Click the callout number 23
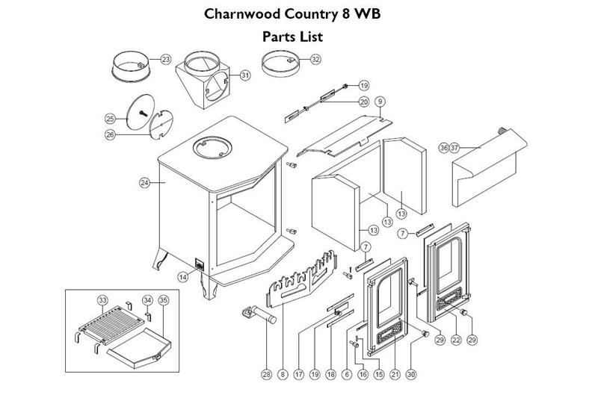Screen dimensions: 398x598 click(x=166, y=59)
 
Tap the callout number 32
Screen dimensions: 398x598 click(x=315, y=59)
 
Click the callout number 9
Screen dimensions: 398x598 click(x=380, y=101)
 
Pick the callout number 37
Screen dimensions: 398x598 click(x=454, y=148)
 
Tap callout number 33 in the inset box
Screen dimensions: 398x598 click(x=102, y=299)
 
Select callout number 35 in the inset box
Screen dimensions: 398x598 click(x=164, y=299)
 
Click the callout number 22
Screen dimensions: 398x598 click(x=456, y=341)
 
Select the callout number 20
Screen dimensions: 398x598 click(x=364, y=102)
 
